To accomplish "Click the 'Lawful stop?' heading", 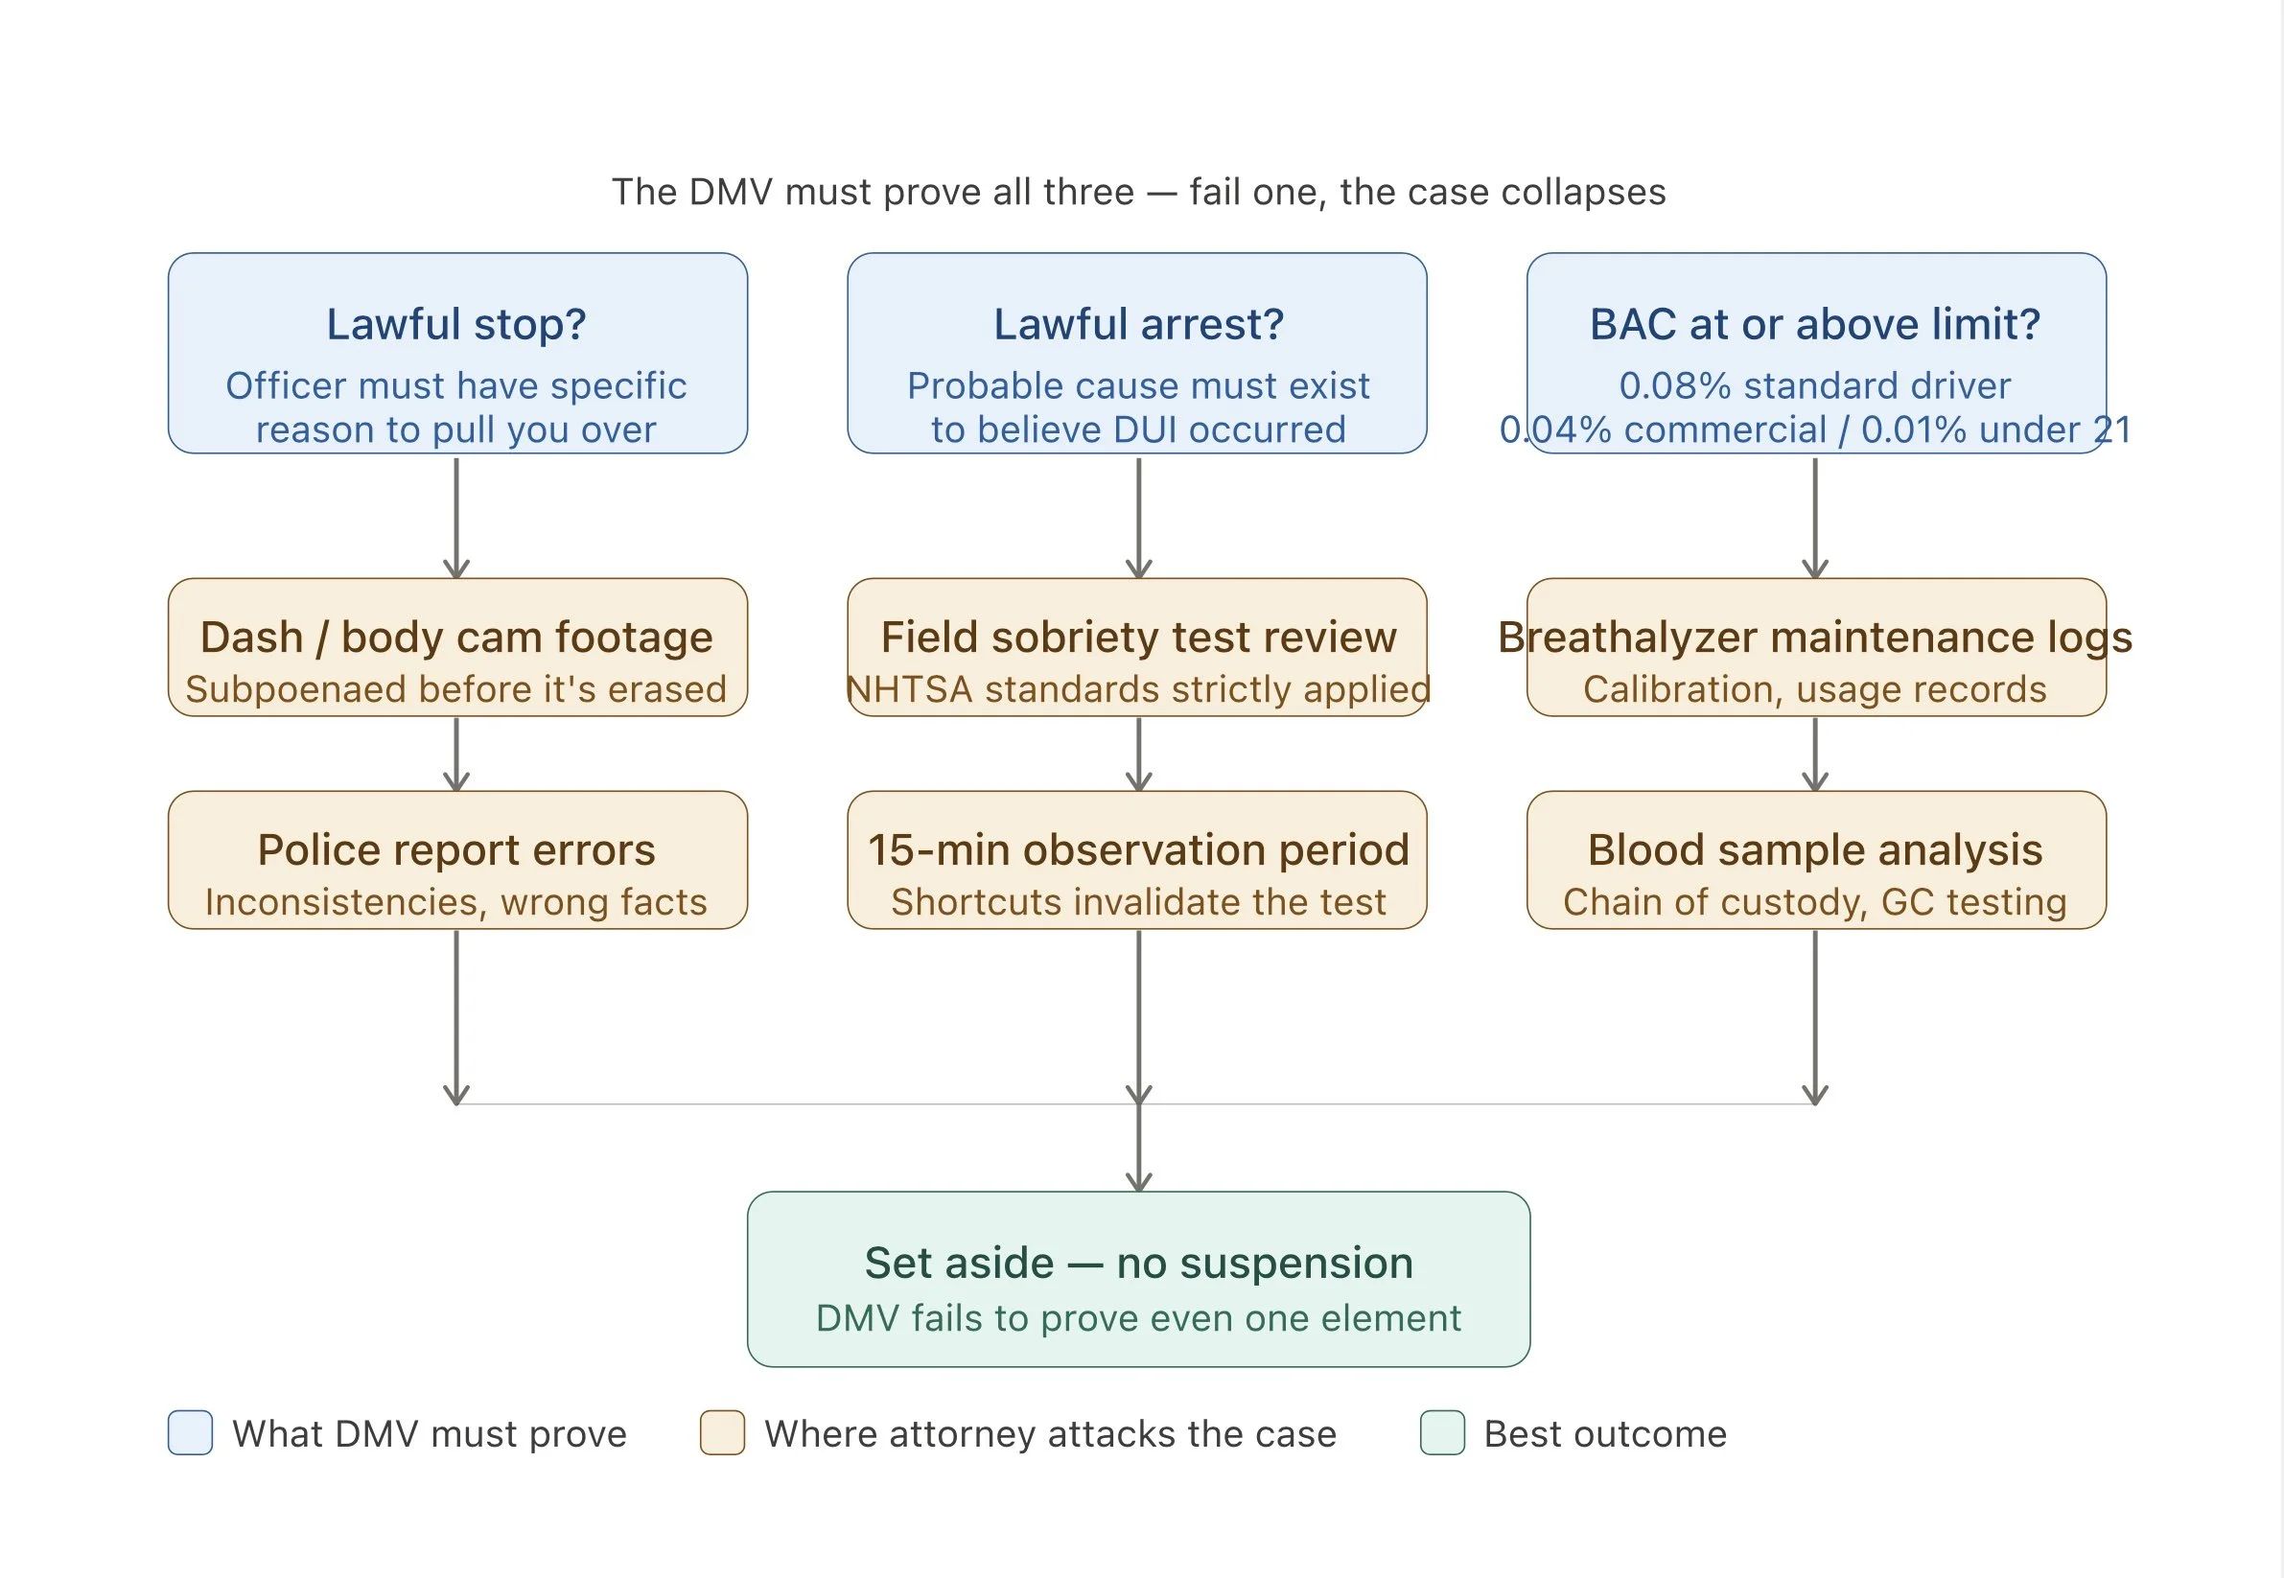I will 455,324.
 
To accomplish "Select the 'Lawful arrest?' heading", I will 1138,324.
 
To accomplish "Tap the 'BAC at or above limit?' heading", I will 1814,324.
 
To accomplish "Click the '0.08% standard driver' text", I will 1814,385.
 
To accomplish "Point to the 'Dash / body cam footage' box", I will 456,648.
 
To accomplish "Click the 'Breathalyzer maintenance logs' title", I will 1814,638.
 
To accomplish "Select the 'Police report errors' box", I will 456,860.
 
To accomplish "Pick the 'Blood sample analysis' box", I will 1815,860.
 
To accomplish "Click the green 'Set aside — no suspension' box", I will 1138,1280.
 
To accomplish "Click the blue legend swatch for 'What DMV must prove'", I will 190,1432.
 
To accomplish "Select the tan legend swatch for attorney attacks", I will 722,1432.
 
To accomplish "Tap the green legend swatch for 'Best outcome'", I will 1441,1432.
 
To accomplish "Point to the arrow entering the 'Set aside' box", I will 1138,1151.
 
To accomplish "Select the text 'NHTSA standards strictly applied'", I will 1138,689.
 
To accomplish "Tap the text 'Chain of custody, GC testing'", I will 1814,902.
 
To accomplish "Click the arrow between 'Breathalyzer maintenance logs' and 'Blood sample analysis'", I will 1814,754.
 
